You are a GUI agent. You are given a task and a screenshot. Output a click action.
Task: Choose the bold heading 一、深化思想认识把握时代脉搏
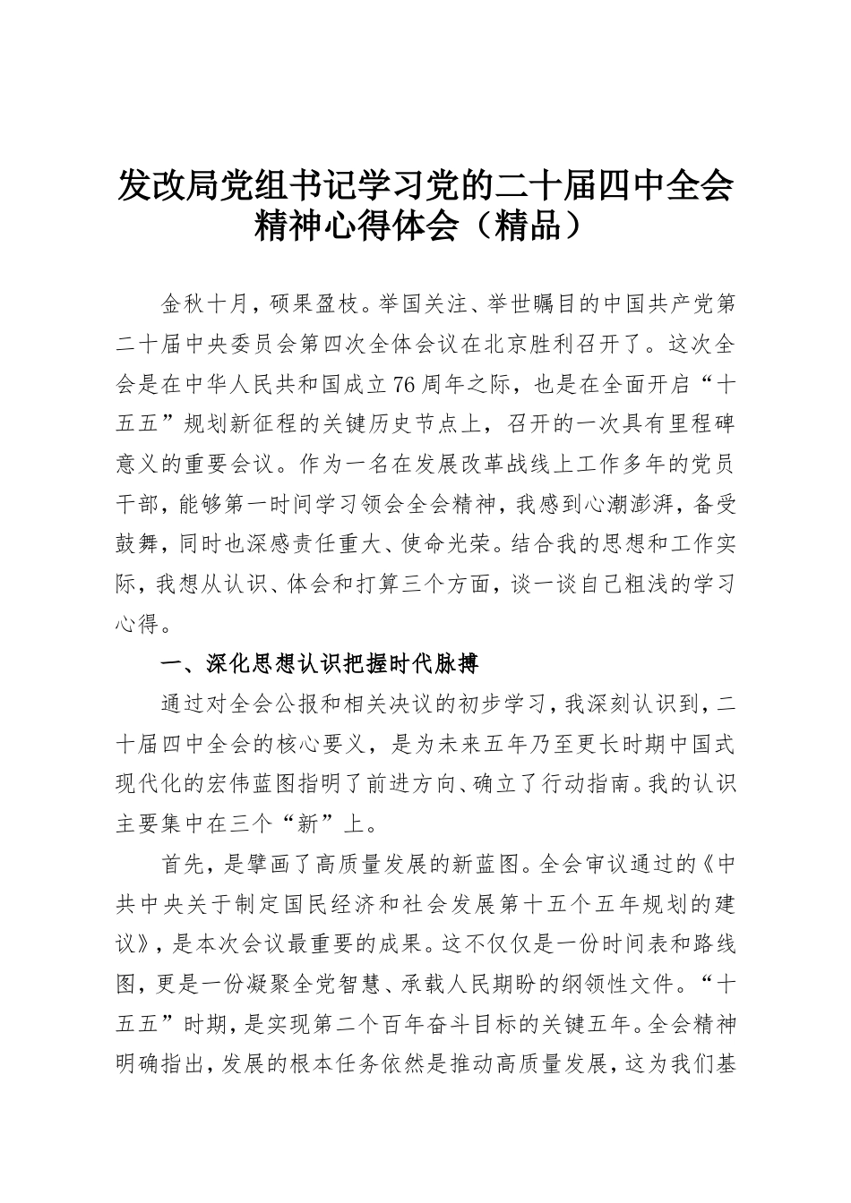tap(321, 665)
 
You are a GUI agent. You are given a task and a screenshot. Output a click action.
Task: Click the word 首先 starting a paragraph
tap(183, 866)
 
